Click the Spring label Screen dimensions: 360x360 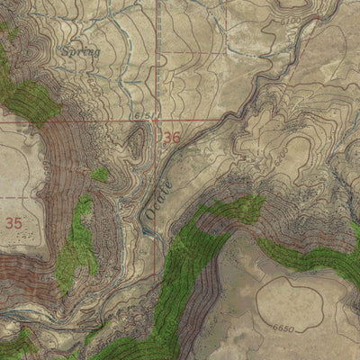click(x=82, y=53)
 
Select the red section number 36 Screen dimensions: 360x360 click(x=171, y=138)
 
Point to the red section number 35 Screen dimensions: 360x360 click(x=13, y=221)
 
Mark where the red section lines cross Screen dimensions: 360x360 click(x=157, y=119)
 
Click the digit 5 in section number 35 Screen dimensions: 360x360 click(x=18, y=221)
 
